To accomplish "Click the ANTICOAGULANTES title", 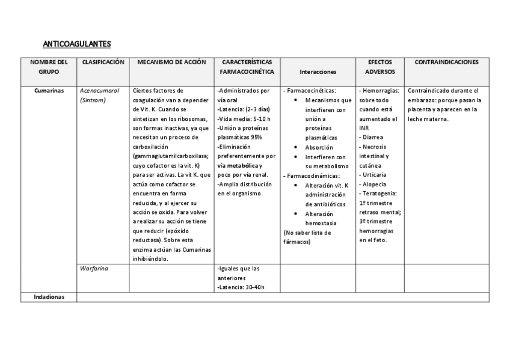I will click(x=77, y=44).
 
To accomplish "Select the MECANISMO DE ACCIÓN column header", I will click(x=171, y=62).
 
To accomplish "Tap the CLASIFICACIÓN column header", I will click(x=103, y=62).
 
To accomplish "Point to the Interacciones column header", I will click(x=317, y=71).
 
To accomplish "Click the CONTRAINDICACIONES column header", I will click(x=447, y=62).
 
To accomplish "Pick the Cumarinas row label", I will click(x=49, y=90).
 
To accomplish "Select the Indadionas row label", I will click(x=49, y=296).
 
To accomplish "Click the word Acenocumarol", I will click(x=99, y=90).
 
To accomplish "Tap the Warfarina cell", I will click(x=93, y=268).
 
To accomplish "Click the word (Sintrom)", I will click(x=93, y=100).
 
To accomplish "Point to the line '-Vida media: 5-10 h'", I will click(x=244, y=119).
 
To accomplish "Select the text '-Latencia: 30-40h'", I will click(x=241, y=287).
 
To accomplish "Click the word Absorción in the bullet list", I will click(x=319, y=147).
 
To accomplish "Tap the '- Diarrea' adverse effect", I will click(x=371, y=137).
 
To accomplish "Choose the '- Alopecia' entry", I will click(x=373, y=184).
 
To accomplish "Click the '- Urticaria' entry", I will click(x=373, y=174).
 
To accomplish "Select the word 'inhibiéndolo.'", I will click(x=150, y=259).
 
